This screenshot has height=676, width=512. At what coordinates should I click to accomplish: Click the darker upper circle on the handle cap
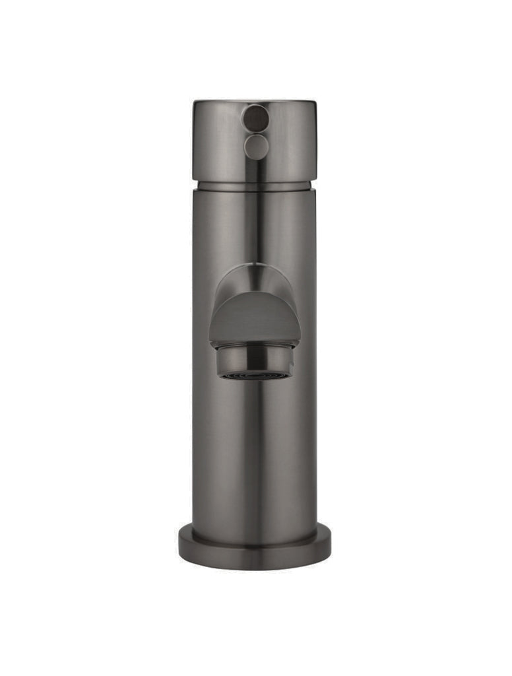255,118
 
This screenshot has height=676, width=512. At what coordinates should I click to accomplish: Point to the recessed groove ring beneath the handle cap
255,186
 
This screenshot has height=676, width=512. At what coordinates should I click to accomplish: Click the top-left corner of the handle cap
195,102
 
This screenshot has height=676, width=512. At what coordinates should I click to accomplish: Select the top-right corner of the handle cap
315,102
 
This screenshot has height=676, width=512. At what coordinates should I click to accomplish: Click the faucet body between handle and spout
255,224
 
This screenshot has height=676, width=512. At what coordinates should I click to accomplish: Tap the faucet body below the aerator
255,449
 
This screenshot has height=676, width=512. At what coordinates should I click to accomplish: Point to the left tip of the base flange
180,545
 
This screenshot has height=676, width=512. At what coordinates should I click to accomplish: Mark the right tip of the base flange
330,545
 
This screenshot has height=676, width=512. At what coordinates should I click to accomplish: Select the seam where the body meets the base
255,528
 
